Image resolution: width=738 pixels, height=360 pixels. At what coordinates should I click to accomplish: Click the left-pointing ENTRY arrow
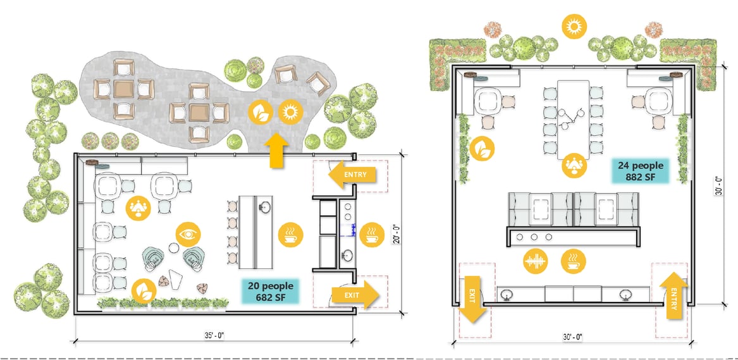coord(352,175)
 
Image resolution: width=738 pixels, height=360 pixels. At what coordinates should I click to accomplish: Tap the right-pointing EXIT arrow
coord(355,295)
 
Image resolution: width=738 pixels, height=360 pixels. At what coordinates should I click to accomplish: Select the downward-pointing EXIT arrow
coord(472,299)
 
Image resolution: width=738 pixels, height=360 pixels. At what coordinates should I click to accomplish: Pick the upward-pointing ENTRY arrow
coord(672,296)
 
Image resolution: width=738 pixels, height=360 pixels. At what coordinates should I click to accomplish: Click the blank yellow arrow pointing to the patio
coord(279,151)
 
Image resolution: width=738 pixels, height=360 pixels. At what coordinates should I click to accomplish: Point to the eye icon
coord(188,234)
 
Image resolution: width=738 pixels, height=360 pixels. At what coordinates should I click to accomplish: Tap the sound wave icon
coord(536,261)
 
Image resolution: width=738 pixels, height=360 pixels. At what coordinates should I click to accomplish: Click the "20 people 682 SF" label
coord(271,291)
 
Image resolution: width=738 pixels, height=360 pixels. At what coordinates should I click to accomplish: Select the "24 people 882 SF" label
coord(640,171)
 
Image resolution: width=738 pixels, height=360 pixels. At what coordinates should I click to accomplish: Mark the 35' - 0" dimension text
coord(214,335)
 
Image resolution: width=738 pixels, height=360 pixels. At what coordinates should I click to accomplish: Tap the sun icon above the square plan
coord(574,27)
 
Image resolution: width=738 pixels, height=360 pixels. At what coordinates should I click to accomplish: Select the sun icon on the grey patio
coord(290,113)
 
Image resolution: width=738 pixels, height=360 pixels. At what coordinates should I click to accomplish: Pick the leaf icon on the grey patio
coord(261,113)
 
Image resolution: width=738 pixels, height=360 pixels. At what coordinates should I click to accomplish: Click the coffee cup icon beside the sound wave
coord(574,261)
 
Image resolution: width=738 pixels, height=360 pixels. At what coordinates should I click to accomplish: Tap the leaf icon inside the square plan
coord(483,149)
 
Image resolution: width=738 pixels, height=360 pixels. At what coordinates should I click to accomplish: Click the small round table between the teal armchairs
coord(174,247)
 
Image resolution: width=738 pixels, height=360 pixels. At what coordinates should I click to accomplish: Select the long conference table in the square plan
coord(574,120)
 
